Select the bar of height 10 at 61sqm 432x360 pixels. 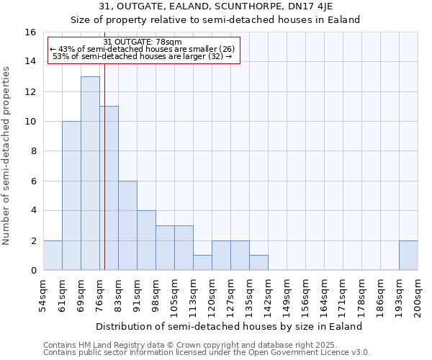tap(71, 196)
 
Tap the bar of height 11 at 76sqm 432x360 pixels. tap(109, 188)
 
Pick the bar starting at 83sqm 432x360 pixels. tap(127, 225)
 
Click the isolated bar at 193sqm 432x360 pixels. tap(408, 256)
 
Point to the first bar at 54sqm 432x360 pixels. tap(53, 256)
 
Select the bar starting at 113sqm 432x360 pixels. tap(202, 263)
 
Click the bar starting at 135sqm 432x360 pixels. tap(258, 263)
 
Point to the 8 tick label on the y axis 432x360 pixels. tap(32, 151)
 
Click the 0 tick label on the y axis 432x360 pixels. tap(32, 271)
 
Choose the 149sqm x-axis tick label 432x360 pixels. tap(287, 296)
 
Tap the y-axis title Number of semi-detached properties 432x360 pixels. tap(7, 156)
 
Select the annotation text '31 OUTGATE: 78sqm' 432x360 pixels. tap(143, 42)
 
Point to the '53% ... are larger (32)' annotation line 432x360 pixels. tap(143, 56)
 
